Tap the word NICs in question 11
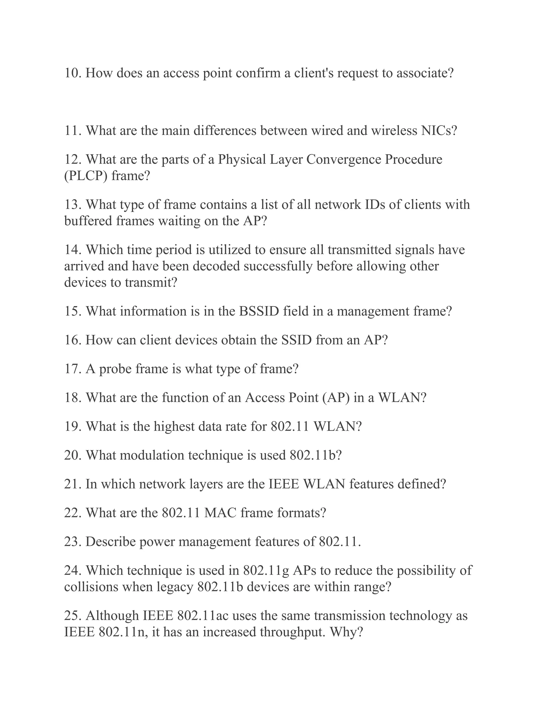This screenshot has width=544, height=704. [439, 130]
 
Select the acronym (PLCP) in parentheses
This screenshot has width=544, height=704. [86, 176]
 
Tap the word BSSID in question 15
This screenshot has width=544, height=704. [259, 311]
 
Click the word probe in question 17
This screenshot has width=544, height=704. [115, 369]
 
